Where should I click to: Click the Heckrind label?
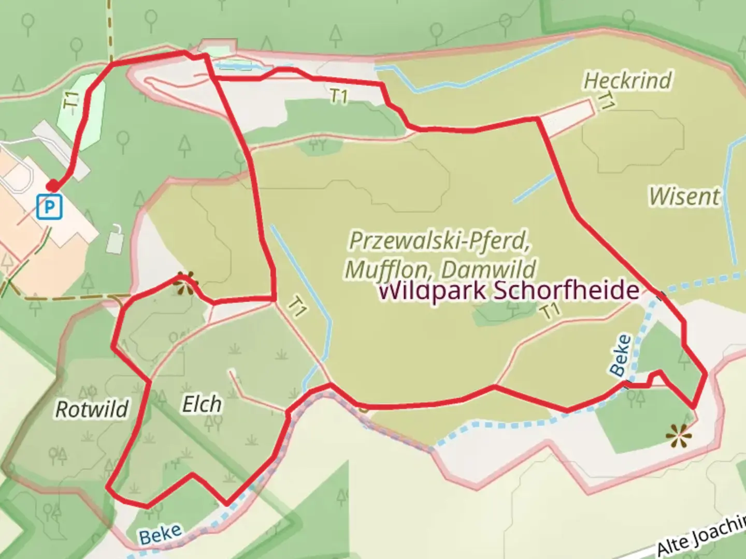(x=627, y=81)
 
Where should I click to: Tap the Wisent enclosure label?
(x=684, y=196)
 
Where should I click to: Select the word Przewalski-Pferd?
(x=439, y=241)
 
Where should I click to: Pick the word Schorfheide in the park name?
(x=566, y=290)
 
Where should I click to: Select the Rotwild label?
(x=92, y=409)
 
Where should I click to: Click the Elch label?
(x=202, y=404)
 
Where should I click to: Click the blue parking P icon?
(x=50, y=207)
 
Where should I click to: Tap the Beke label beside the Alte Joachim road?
(x=161, y=534)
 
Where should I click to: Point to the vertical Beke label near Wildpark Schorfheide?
(x=621, y=355)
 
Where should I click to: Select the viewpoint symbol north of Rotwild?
(x=185, y=283)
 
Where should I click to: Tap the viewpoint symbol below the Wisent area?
(x=679, y=436)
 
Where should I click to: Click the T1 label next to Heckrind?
(x=605, y=101)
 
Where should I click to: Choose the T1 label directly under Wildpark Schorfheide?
(x=550, y=311)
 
